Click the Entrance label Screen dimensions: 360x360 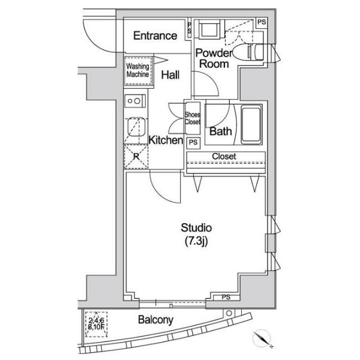(x=155, y=35)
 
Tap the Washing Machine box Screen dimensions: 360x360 (x=138, y=71)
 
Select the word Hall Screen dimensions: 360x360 (x=170, y=75)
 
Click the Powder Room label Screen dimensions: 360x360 (x=214, y=58)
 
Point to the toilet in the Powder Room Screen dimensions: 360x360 (x=248, y=52)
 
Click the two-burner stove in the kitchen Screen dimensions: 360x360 (x=136, y=101)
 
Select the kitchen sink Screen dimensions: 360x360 (x=136, y=127)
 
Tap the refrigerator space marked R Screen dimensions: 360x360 (x=136, y=157)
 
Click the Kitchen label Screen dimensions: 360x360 (x=166, y=140)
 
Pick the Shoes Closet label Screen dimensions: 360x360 (x=193, y=118)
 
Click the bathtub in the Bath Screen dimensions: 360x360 (x=251, y=125)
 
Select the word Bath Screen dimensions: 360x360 (x=220, y=131)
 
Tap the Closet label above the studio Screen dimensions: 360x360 (x=224, y=157)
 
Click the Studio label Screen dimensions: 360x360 (x=196, y=228)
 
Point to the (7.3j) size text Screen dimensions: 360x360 (x=196, y=241)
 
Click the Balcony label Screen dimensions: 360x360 (x=155, y=320)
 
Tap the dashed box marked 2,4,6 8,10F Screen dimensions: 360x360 (x=97, y=324)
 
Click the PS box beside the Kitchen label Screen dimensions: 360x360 (x=193, y=143)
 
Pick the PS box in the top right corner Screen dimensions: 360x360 (x=262, y=23)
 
